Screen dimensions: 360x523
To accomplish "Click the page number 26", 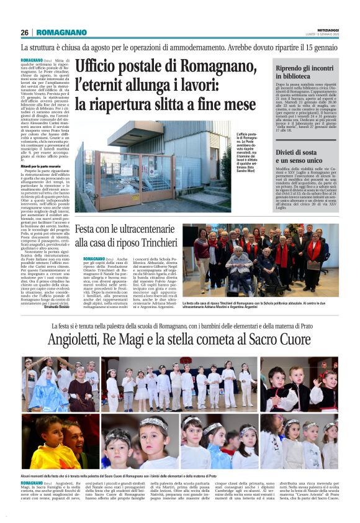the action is coord(25,32).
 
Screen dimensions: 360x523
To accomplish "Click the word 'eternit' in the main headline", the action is coord(112,85).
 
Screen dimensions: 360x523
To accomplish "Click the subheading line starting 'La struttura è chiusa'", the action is coord(179,47).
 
